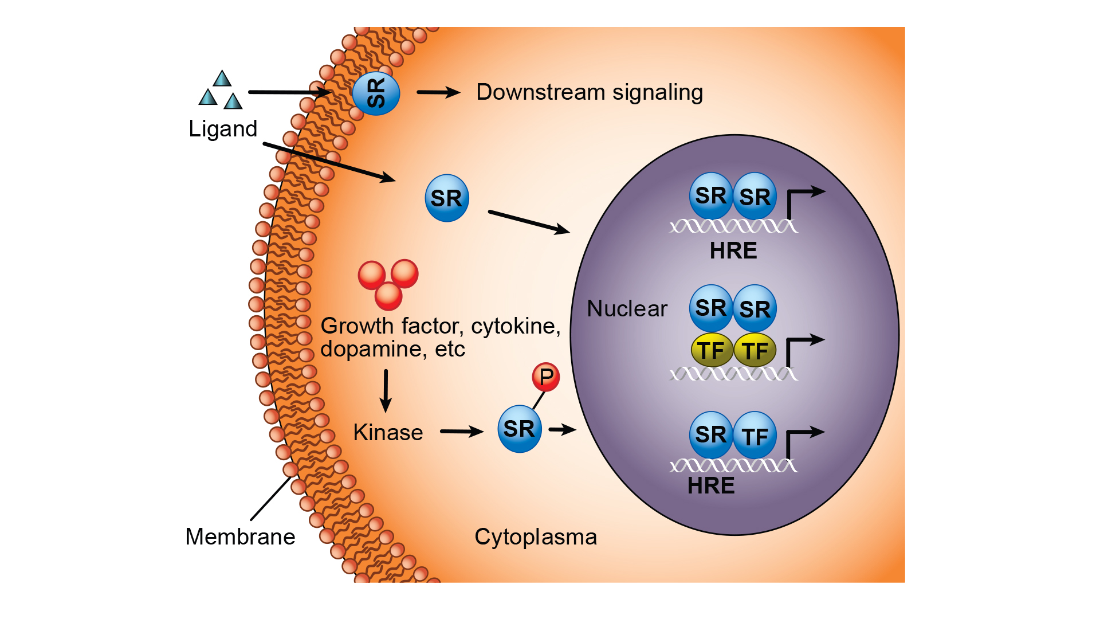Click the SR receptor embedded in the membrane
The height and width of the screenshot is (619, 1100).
(376, 93)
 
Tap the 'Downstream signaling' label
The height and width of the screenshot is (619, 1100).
(589, 92)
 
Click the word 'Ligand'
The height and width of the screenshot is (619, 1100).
(223, 129)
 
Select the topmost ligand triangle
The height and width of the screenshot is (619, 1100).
(222, 79)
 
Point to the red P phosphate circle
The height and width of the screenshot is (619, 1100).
(545, 377)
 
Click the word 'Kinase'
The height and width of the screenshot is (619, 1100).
(388, 432)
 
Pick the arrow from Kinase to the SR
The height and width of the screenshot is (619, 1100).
(461, 432)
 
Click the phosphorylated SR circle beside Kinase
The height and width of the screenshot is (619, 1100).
(519, 429)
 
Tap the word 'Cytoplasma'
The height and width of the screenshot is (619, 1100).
(536, 537)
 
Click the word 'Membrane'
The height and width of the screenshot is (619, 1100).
(240, 537)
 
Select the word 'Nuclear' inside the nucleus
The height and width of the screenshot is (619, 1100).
(627, 309)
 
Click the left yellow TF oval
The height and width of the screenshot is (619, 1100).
(712, 350)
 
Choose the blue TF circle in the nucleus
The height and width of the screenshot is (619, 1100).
(755, 436)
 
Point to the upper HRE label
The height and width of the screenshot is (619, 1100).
(733, 251)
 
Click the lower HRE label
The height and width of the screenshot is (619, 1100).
(711, 486)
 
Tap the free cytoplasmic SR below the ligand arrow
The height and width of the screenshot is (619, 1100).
(447, 198)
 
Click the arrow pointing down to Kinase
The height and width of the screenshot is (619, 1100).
(386, 391)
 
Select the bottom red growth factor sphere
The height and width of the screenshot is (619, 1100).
(388, 296)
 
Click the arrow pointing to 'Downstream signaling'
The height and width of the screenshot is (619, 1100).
(438, 92)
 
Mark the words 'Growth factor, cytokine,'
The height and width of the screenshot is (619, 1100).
(440, 326)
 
